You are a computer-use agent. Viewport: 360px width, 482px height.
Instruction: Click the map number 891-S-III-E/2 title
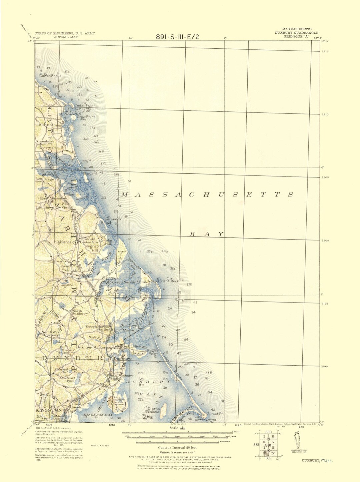tap(177, 37)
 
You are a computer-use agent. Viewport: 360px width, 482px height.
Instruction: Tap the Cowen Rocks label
tap(50, 76)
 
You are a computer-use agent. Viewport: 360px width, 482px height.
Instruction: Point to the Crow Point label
tap(86, 117)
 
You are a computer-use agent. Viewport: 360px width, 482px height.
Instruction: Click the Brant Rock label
tap(169, 281)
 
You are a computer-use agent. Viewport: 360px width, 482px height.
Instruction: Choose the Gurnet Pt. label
tap(215, 414)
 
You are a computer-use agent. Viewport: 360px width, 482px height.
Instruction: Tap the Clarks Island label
tap(154, 410)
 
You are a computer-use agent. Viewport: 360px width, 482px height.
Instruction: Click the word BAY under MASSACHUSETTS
tap(207, 234)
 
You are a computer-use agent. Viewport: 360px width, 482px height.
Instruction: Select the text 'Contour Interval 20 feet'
tap(177, 448)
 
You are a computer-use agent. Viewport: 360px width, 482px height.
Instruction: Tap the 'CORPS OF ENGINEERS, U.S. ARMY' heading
tap(65, 33)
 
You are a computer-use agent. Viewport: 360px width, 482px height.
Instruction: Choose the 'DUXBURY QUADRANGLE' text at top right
tap(296, 33)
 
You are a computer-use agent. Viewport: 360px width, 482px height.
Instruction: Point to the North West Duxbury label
tap(51, 334)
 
